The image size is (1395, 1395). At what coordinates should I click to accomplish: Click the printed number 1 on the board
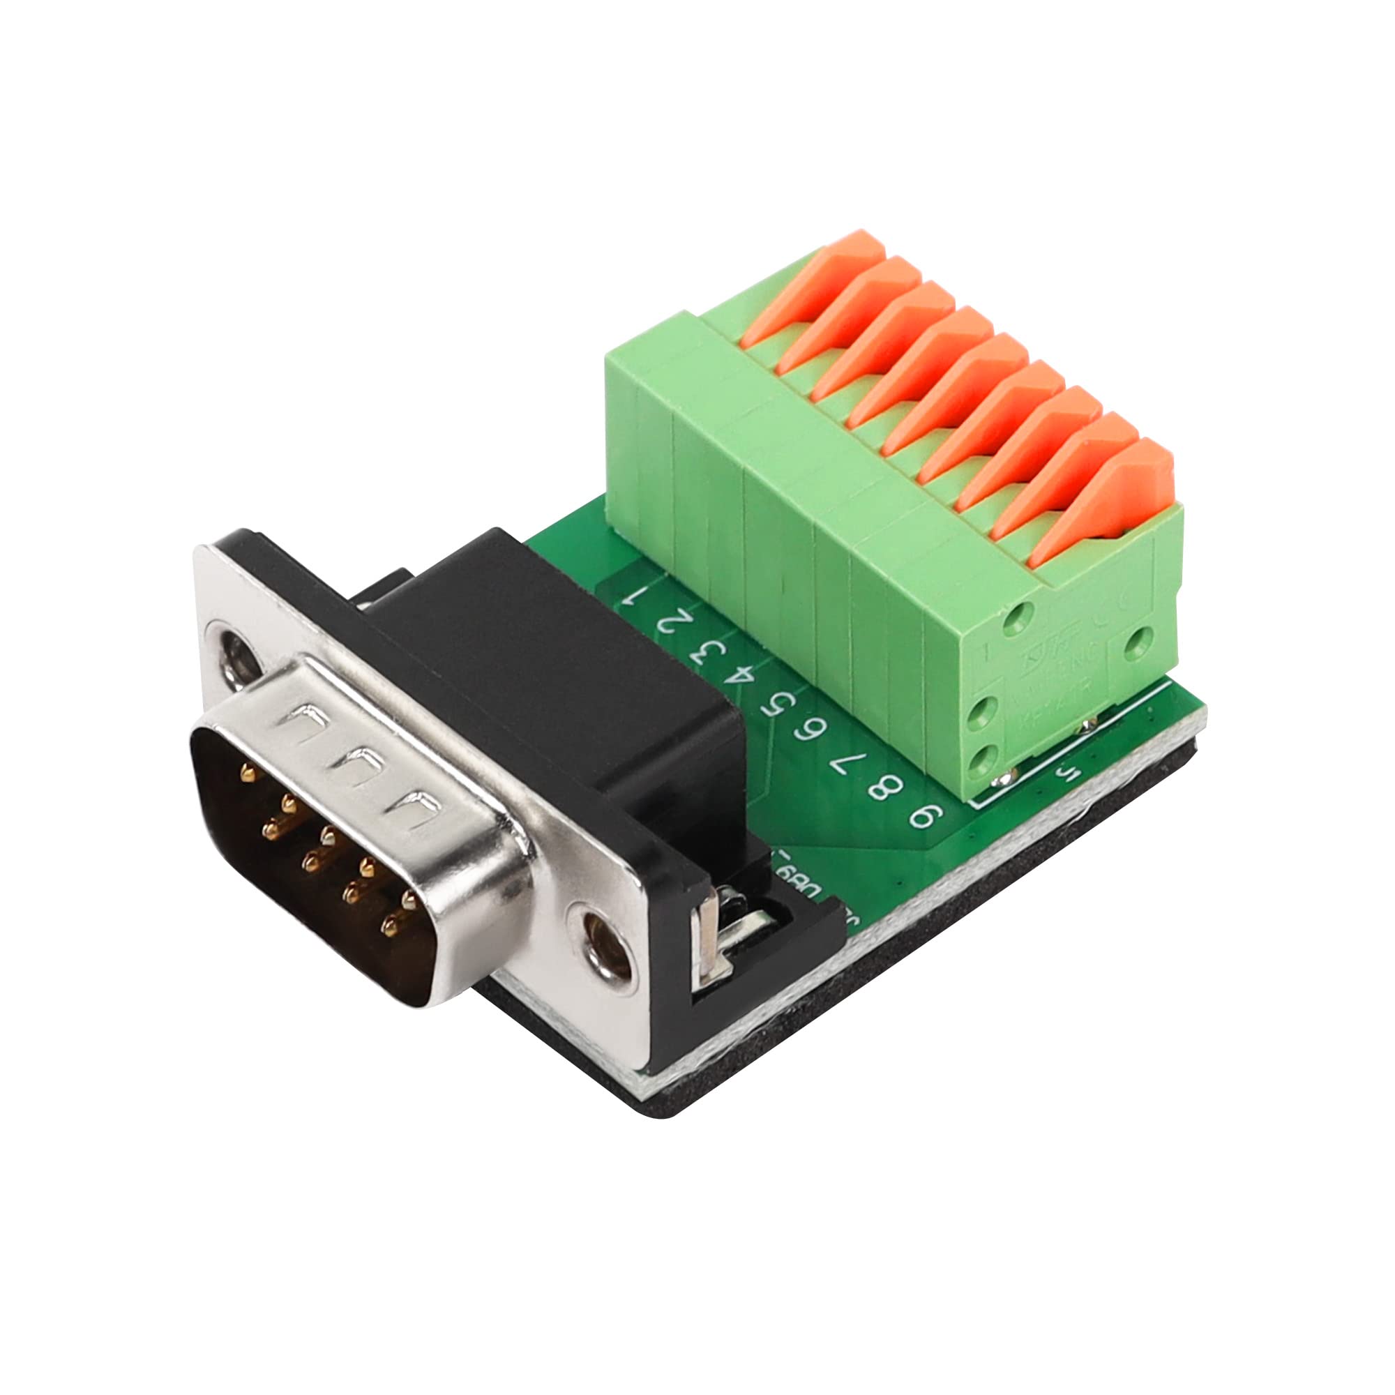638,596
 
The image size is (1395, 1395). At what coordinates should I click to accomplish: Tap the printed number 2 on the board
670,621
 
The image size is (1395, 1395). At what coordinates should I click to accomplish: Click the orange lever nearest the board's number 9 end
1115,498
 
